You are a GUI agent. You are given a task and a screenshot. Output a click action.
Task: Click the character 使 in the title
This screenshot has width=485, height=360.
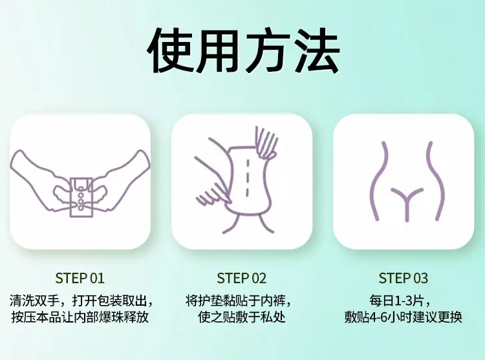171,51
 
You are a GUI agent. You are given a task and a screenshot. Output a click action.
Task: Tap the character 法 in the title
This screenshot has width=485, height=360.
316,51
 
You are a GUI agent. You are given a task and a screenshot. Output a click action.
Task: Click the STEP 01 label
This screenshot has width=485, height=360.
80,278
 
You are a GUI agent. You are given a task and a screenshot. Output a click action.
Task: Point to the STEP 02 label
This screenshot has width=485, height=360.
242,278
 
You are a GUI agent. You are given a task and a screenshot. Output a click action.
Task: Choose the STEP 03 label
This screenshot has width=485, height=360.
404,278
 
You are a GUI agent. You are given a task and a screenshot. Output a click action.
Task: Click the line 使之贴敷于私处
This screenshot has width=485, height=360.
242,317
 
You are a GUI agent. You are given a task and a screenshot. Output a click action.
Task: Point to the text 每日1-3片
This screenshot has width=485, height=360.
397,301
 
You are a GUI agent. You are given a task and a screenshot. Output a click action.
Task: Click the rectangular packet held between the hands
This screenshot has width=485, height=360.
81,197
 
